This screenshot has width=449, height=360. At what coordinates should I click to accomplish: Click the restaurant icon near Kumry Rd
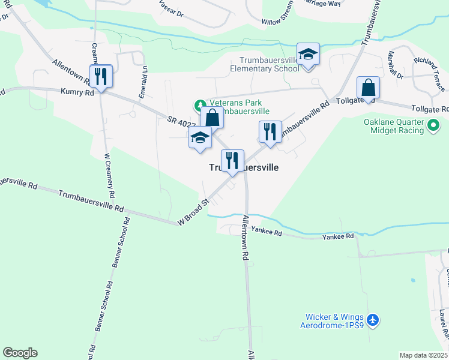(100, 76)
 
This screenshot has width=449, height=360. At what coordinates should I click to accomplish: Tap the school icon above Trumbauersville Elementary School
(308, 55)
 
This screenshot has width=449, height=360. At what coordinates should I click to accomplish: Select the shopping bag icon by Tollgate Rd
(368, 88)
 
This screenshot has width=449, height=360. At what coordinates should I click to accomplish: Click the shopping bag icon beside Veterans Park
(212, 118)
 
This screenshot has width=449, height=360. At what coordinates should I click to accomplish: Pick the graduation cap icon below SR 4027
(200, 138)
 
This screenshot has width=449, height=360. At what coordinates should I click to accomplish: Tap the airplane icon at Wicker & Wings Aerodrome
(373, 320)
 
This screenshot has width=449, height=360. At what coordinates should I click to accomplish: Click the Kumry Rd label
(77, 93)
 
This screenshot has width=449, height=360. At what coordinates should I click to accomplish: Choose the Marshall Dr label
(396, 65)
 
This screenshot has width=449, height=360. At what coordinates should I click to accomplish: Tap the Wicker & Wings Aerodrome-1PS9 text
(332, 321)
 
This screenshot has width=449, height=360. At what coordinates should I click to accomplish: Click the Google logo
(20, 353)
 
